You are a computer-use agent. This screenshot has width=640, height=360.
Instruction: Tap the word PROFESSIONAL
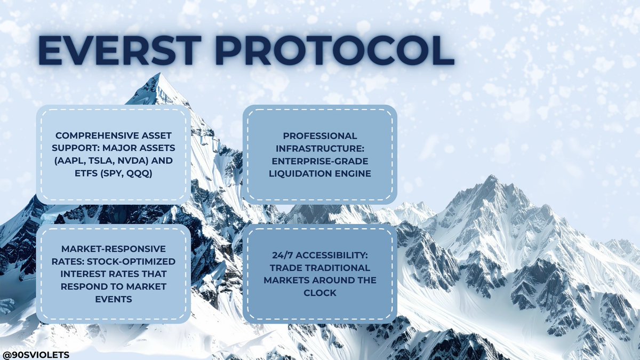point(319,136)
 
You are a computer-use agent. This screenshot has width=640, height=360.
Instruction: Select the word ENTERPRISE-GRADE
point(319,161)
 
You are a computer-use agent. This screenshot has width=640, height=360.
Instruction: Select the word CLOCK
point(319,292)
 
